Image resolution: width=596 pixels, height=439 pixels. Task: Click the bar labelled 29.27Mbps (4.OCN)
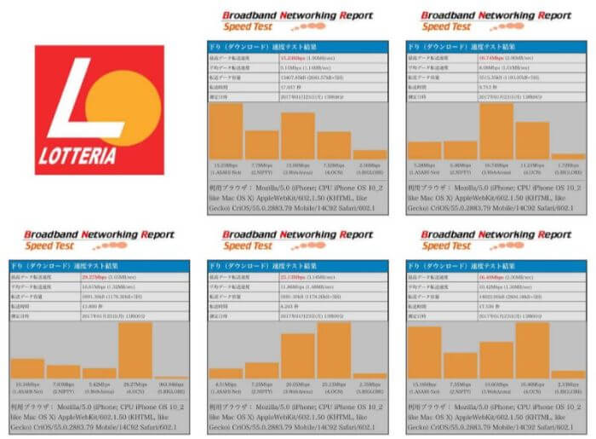coord(135,350)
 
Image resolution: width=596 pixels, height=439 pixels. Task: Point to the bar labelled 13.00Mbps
coord(297,136)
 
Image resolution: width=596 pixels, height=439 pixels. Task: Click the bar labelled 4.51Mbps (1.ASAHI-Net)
coord(226,373)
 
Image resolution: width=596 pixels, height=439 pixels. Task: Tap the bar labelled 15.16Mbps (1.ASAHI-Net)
coord(424,352)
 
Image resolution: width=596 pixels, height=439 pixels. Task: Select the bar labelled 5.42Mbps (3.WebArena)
coord(99,373)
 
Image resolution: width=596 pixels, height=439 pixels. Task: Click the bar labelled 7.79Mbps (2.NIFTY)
coord(261,145)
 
